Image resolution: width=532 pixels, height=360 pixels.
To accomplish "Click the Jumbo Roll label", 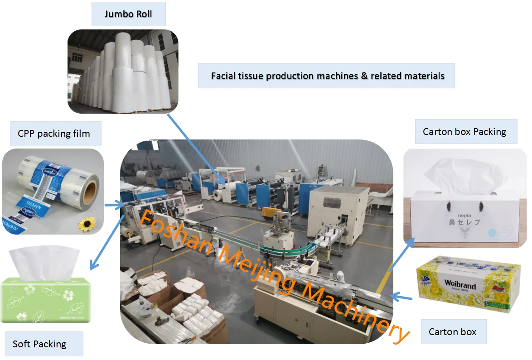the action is tap(128, 14).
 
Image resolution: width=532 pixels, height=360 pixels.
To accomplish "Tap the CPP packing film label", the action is tap(54, 134).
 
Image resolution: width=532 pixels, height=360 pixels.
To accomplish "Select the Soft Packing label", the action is tap(39, 344).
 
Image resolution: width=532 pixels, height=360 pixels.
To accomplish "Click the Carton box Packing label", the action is tap(464, 132).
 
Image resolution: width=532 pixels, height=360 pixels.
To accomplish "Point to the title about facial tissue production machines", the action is tap(327, 76).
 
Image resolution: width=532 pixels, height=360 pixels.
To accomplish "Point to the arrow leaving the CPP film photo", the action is tap(115, 206).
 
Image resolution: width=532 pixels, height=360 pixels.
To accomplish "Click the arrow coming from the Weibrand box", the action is tap(401, 297).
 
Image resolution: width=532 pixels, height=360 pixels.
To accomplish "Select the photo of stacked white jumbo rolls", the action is tap(123, 72).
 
